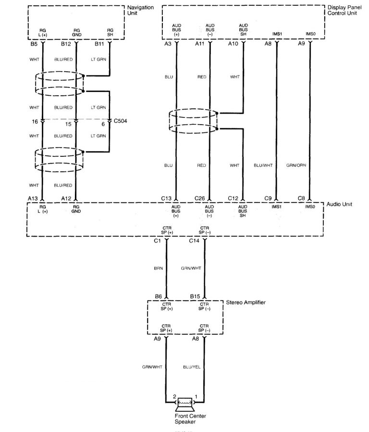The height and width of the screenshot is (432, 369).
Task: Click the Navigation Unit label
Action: (x=140, y=11)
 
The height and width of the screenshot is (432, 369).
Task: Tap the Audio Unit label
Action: (x=340, y=204)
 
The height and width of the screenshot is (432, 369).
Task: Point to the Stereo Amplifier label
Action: (x=246, y=303)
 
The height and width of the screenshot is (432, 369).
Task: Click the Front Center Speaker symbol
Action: (x=184, y=402)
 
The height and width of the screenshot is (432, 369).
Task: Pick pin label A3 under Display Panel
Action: (x=168, y=44)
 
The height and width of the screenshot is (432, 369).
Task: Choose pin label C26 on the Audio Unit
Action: (x=200, y=198)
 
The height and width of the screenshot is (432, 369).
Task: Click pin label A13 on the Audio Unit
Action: (x=33, y=198)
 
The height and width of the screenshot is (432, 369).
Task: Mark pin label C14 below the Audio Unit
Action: (x=195, y=240)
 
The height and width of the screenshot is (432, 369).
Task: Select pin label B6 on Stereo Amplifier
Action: (x=158, y=297)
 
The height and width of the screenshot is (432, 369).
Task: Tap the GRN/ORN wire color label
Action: (x=296, y=165)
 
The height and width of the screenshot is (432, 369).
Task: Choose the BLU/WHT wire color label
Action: (x=263, y=165)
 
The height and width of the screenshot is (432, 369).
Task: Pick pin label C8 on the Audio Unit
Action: (x=301, y=198)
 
